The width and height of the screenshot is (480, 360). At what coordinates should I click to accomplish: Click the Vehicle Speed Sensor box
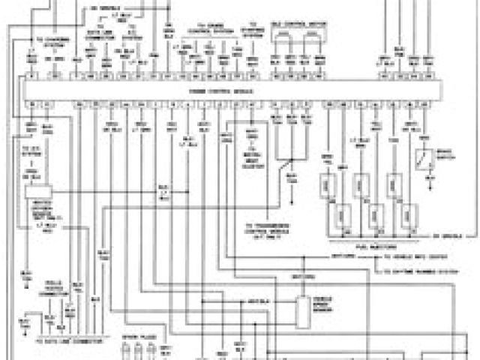pyautogui.click(x=303, y=312)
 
